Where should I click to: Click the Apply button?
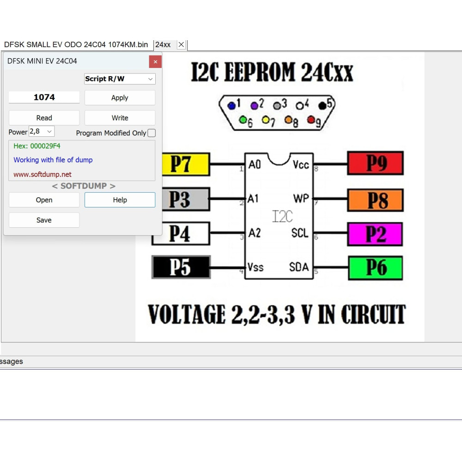(x=120, y=97)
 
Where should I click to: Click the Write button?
(x=120, y=118)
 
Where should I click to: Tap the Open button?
(x=44, y=200)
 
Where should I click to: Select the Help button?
(x=120, y=200)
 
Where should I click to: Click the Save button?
(x=44, y=220)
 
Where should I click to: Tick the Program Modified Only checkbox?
(x=152, y=133)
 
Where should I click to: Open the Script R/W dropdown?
(x=120, y=79)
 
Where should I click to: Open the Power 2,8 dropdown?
(x=42, y=131)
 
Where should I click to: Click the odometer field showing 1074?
(x=44, y=97)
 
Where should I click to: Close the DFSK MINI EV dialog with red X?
(x=155, y=61)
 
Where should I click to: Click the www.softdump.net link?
(x=43, y=175)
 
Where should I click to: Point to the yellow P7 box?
(x=186, y=164)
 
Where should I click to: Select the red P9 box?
(x=375, y=163)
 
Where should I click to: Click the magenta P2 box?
(x=375, y=234)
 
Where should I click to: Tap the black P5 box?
(x=181, y=267)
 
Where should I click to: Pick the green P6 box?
(x=375, y=268)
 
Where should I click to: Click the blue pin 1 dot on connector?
(x=231, y=105)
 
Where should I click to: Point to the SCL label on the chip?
(x=300, y=233)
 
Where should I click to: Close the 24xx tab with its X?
(x=181, y=44)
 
